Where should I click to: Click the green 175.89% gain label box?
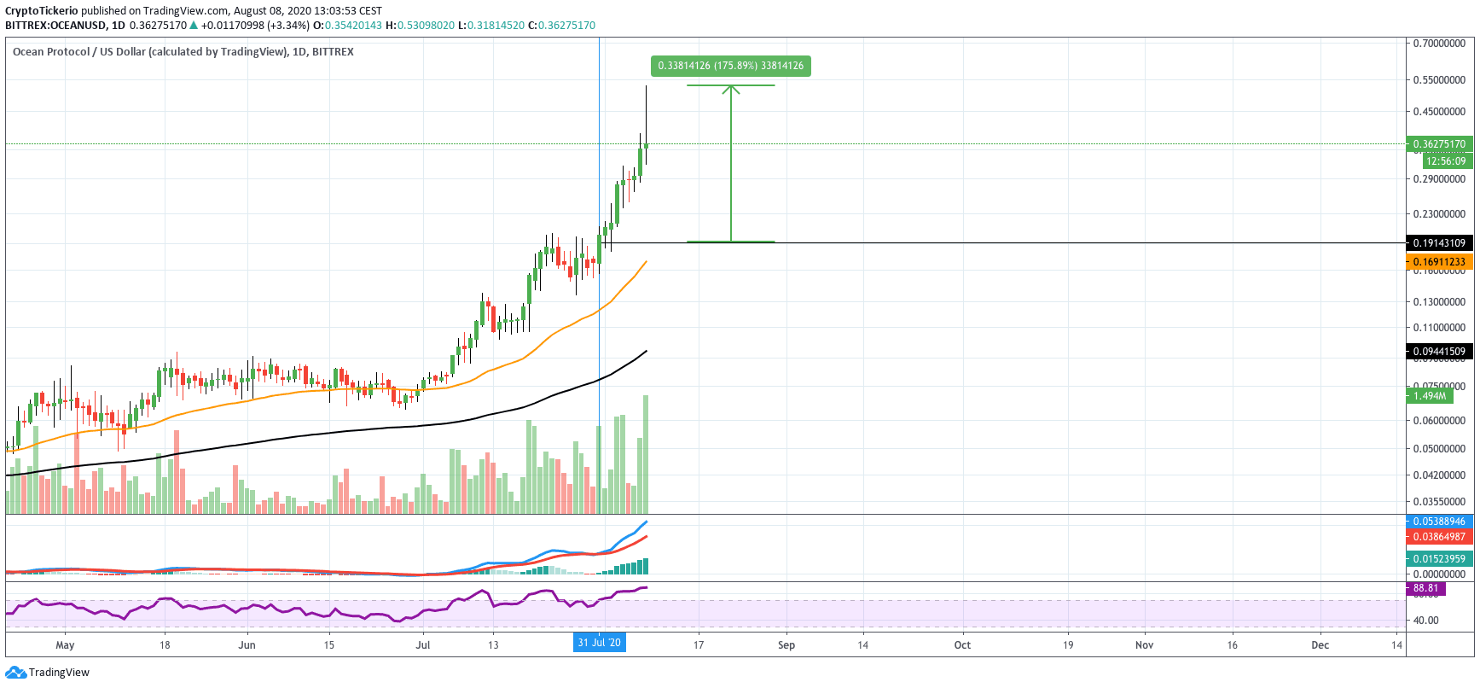tap(730, 66)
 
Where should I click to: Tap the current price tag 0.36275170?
tap(1439, 144)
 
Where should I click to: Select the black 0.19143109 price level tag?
tap(1439, 243)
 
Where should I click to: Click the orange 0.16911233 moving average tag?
tap(1439, 262)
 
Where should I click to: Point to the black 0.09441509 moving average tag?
tap(1439, 352)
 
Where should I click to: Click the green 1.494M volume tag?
tap(1430, 396)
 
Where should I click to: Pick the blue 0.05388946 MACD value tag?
tap(1439, 522)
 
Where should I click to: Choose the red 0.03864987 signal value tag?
tap(1439, 537)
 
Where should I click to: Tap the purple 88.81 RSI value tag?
tap(1425, 588)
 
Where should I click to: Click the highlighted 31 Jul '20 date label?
tap(599, 643)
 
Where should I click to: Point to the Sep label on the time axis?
tap(786, 645)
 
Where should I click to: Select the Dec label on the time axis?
tap(1320, 645)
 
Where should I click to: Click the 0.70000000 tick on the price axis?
tap(1439, 44)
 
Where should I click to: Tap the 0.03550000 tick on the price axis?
tap(1439, 502)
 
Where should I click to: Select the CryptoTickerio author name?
tap(42, 11)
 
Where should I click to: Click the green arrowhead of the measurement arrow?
tap(731, 89)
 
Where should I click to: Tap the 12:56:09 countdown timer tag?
tap(1446, 161)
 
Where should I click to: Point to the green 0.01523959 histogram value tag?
tap(1439, 559)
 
